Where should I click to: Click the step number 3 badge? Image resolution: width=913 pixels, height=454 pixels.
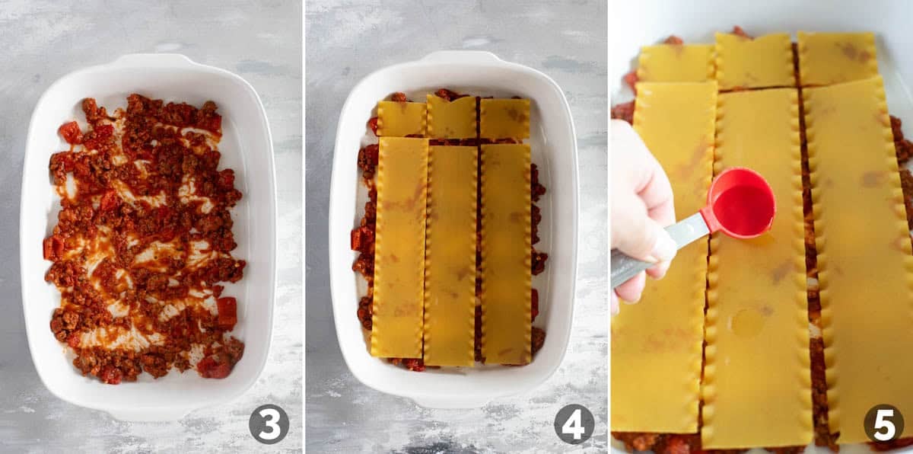(269, 424)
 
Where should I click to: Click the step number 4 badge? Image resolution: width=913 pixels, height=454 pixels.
(574, 424)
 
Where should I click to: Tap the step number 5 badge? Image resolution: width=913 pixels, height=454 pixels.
(883, 424)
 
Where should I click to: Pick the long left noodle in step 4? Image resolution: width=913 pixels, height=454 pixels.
(399, 248)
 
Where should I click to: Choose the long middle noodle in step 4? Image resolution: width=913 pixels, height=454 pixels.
(450, 255)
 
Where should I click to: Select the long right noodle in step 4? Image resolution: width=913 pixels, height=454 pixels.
(506, 254)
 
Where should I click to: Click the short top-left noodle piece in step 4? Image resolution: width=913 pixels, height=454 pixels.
(402, 119)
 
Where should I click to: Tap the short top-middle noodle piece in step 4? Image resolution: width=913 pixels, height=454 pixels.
(451, 117)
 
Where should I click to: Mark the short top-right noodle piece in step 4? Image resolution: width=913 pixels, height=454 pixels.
(505, 119)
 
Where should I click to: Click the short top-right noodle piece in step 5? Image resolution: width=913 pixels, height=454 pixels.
(838, 59)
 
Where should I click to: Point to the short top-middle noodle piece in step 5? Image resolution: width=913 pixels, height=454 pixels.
(755, 61)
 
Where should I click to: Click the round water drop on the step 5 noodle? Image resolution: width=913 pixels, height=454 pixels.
(749, 322)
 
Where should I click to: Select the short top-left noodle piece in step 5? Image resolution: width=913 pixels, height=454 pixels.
(676, 63)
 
